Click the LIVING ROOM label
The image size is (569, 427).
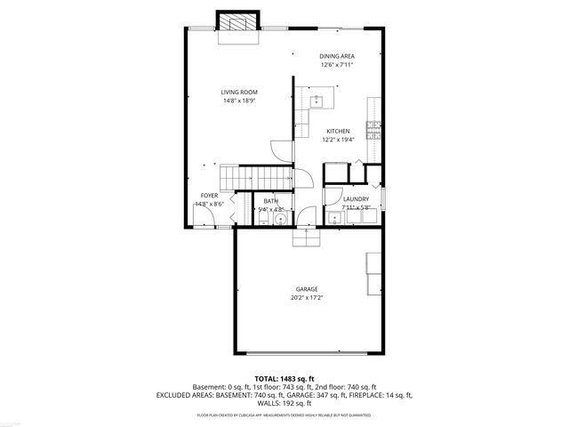[238, 92]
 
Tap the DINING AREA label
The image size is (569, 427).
[337, 55]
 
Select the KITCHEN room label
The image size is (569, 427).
[337, 131]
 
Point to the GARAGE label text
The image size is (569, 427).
[307, 289]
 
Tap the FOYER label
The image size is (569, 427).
[209, 195]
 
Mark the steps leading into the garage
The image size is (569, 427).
[305, 240]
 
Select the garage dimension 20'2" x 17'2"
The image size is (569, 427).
[307, 298]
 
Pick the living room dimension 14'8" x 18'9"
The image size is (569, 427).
[238, 101]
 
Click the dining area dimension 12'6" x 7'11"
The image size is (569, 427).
[337, 64]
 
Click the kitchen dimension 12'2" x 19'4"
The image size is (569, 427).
[337, 140]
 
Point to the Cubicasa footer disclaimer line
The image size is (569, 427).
[284, 415]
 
